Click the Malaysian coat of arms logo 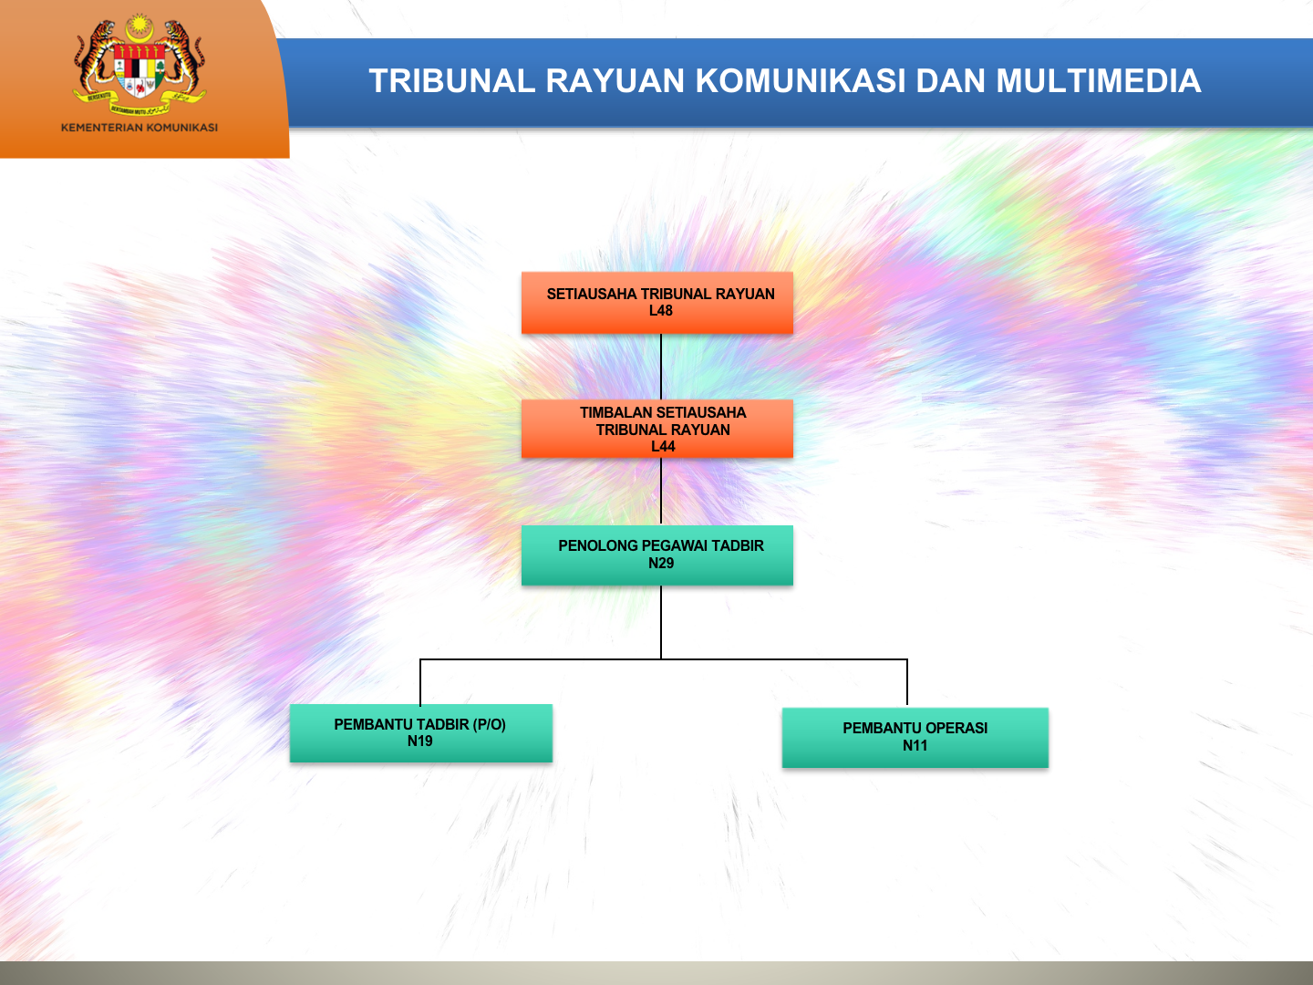140,65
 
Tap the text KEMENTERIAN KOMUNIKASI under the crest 140,128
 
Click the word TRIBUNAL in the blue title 452,81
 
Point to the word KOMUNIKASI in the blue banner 801,81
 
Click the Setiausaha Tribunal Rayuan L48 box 656,303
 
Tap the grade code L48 661,311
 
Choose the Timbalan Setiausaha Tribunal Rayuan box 656,429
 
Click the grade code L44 663,446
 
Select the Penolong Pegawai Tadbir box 656,555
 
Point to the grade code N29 661,563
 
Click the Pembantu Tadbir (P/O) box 420,733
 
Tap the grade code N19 420,741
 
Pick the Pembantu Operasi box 915,738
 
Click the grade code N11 915,746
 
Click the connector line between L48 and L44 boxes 661,367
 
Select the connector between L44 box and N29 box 661,492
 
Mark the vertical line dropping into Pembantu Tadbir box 420,682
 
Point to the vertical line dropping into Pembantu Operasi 907,683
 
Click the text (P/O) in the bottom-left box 490,725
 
